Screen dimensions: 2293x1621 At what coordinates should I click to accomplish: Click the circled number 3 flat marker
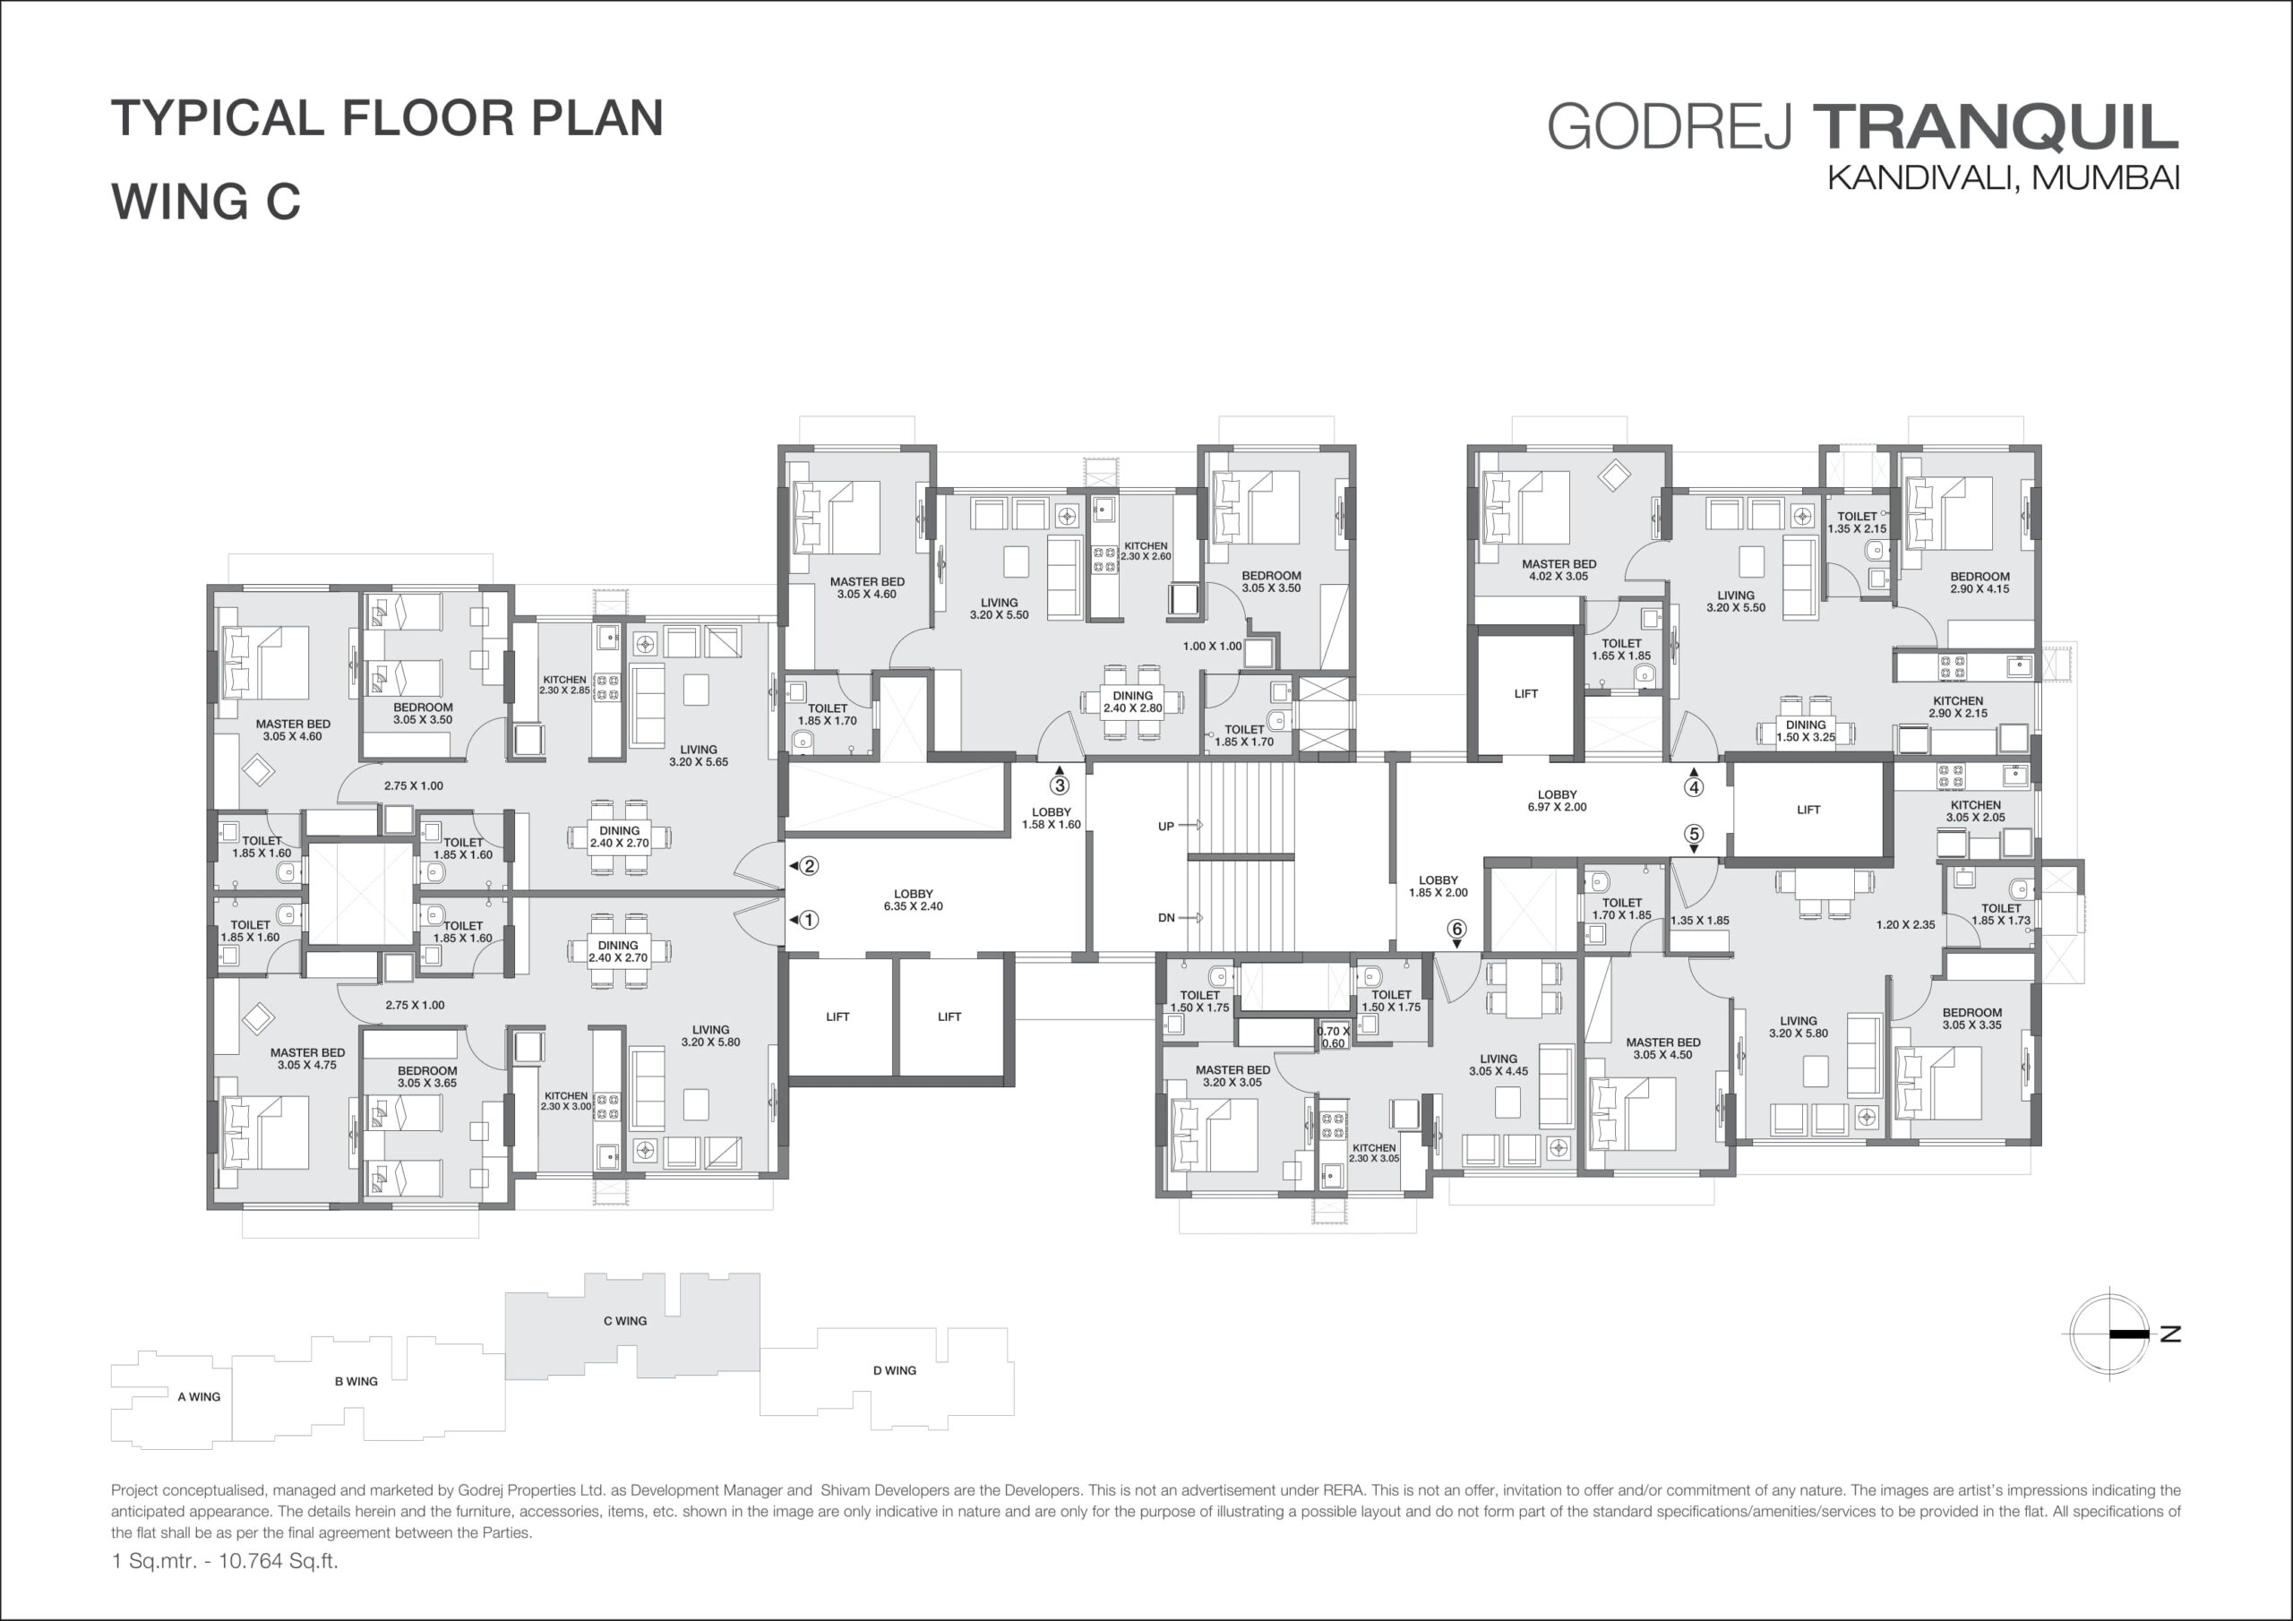1060,786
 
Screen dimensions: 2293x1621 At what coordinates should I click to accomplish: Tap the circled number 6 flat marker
1457,930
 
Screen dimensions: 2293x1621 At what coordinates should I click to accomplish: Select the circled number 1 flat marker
809,920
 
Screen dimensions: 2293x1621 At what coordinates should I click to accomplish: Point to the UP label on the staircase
1165,826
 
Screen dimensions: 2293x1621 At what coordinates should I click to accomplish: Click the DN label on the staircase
1165,918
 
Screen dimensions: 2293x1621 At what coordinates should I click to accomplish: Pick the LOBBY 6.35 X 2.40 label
913,900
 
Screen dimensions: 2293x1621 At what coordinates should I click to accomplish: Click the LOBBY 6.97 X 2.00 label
1557,801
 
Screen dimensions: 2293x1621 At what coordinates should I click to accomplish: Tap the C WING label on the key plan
625,1320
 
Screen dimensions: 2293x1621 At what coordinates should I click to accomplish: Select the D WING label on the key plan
895,1370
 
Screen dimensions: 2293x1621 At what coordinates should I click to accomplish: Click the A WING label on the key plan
199,1396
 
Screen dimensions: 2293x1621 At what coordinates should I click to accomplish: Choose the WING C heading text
206,201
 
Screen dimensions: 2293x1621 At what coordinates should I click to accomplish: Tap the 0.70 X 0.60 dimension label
1334,1037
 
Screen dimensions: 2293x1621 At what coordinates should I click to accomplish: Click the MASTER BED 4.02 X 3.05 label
1559,570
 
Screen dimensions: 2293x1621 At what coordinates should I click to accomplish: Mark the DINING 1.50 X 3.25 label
1806,731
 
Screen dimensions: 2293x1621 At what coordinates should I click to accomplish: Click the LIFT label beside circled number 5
1808,810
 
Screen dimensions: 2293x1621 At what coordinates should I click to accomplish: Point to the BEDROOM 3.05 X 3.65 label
427,1076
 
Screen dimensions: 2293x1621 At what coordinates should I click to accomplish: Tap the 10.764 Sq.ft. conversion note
279,1560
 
